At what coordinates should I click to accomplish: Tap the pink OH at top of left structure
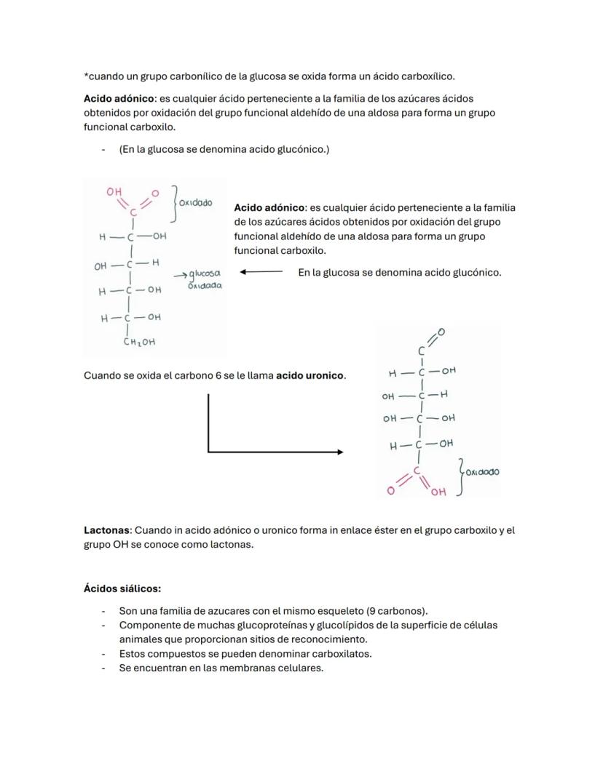pos(114,192)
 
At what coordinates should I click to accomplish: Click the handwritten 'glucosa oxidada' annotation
pos(204,279)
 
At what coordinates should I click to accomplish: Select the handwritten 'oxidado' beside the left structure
pos(195,202)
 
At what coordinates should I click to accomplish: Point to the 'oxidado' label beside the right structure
pos(482,472)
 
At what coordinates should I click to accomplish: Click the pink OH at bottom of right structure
pos(438,492)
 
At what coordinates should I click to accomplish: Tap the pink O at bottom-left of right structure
pos(391,491)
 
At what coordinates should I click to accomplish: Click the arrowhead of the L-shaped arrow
pos(340,452)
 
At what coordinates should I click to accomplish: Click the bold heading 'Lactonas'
pos(106,530)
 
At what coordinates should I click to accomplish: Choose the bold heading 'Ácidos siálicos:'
pos(122,588)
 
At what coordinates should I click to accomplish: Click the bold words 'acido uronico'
pos(310,376)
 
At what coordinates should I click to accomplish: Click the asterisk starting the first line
pos(86,75)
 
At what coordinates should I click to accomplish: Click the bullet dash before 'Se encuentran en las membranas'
pos(103,668)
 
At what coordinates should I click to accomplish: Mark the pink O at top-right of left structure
pos(155,193)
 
